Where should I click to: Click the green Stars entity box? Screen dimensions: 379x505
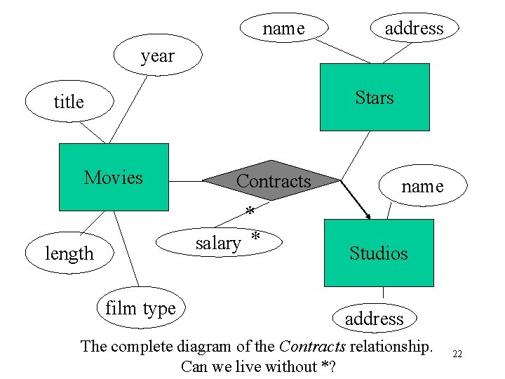(x=374, y=97)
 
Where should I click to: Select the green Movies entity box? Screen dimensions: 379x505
(x=114, y=177)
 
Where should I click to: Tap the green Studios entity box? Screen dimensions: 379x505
(x=378, y=253)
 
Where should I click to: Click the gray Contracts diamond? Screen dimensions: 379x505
(x=273, y=181)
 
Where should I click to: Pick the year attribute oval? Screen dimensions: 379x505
(x=157, y=55)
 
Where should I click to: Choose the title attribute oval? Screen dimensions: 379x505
(x=69, y=102)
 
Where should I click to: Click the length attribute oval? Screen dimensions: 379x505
(x=69, y=253)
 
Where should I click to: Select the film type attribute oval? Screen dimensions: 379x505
(x=140, y=307)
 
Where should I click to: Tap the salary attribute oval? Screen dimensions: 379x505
(x=219, y=243)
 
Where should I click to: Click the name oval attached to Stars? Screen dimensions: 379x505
(x=283, y=28)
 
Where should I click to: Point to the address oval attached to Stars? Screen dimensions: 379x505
(x=414, y=28)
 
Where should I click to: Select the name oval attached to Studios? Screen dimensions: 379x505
(x=422, y=186)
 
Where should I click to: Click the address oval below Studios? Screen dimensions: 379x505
(x=374, y=319)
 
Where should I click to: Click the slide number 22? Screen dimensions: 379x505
(x=457, y=354)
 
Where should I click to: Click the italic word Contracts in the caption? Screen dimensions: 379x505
(x=312, y=346)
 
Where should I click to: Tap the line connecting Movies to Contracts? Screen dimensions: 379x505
(x=186, y=181)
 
